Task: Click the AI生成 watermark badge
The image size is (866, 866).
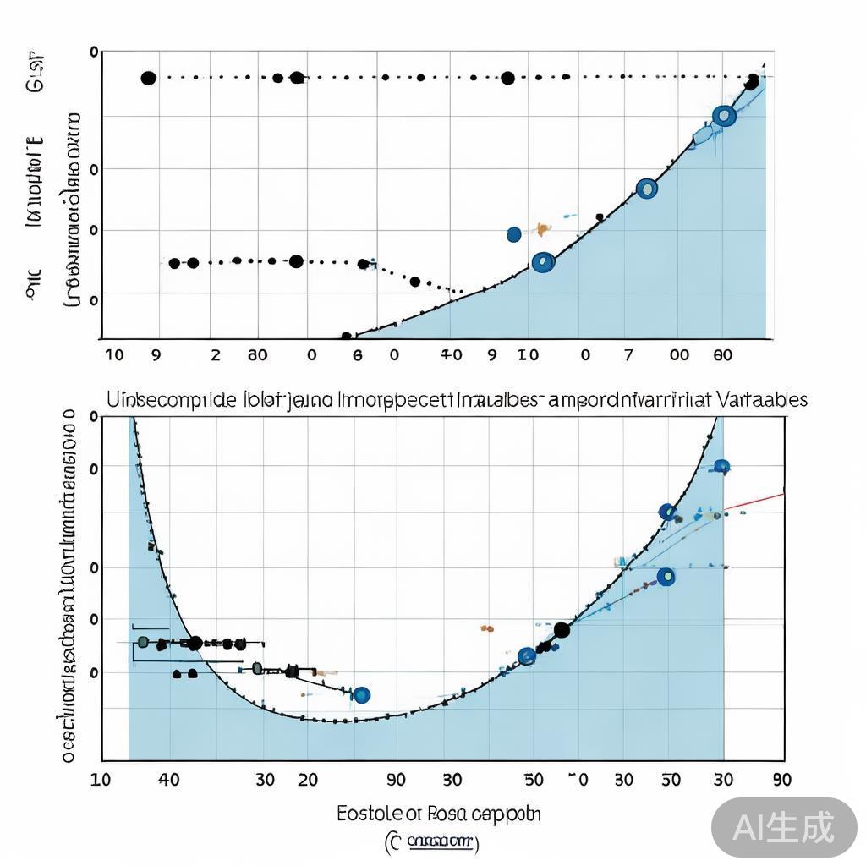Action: pyautogui.click(x=783, y=826)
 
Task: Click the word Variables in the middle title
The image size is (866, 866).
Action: pyautogui.click(x=761, y=399)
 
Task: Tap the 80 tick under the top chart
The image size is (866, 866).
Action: pyautogui.click(x=258, y=355)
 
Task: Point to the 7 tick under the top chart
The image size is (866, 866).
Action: pyautogui.click(x=628, y=355)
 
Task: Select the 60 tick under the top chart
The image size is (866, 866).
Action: pyautogui.click(x=722, y=355)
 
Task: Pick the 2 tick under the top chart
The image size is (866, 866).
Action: pyautogui.click(x=216, y=355)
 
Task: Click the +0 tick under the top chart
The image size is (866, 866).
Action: pyautogui.click(x=452, y=355)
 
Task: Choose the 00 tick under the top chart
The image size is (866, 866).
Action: pyautogui.click(x=679, y=355)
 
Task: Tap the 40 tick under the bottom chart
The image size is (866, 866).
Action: pyautogui.click(x=168, y=779)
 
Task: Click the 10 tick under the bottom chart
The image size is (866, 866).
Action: pyautogui.click(x=100, y=779)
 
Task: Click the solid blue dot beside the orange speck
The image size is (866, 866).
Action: pyautogui.click(x=514, y=234)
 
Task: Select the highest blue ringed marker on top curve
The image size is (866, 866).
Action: pyautogui.click(x=724, y=117)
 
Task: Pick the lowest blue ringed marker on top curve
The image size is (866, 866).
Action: pyautogui.click(x=544, y=263)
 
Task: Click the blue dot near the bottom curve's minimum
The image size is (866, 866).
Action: pyautogui.click(x=362, y=695)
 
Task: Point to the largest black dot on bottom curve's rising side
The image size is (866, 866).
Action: pyautogui.click(x=562, y=629)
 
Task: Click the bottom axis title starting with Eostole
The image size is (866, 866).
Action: pyautogui.click(x=438, y=814)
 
